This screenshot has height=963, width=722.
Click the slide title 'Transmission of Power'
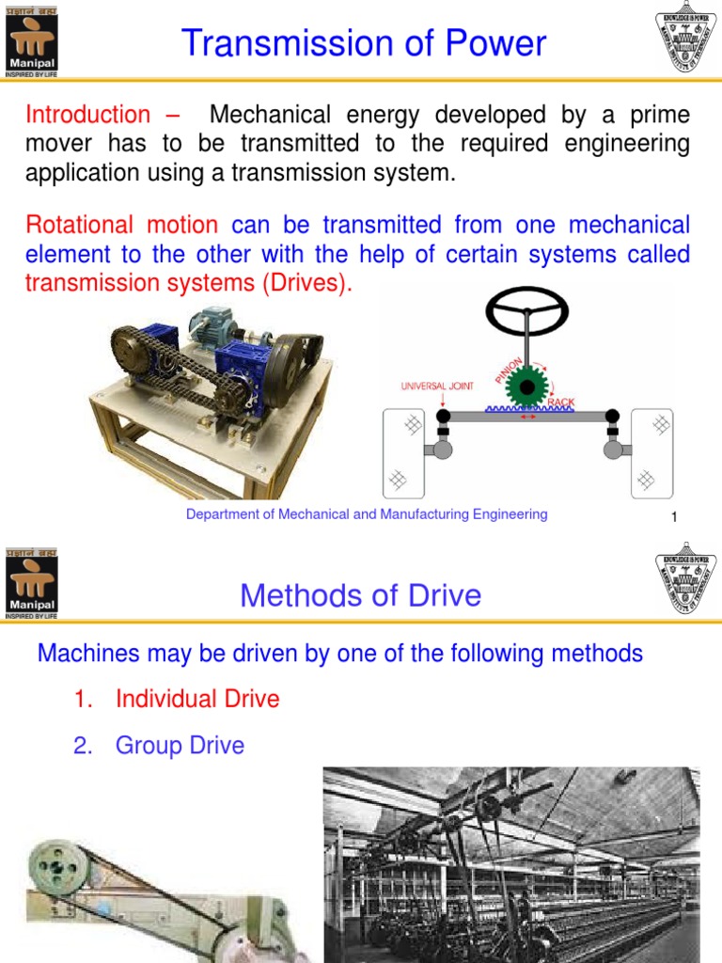click(363, 44)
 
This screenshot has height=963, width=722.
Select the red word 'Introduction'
click(87, 115)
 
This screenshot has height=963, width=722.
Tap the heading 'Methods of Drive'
click(360, 595)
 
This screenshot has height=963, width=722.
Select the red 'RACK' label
click(560, 403)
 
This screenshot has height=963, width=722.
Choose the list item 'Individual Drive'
click(197, 699)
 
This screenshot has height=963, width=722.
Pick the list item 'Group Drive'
click(180, 746)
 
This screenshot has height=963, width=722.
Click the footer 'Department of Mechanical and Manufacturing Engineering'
click(367, 514)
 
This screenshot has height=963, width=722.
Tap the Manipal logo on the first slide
click(31, 38)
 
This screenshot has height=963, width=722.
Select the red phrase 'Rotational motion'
click(121, 225)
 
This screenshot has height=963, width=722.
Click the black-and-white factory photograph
click(511, 863)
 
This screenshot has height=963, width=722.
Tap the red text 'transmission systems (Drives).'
click(189, 283)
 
